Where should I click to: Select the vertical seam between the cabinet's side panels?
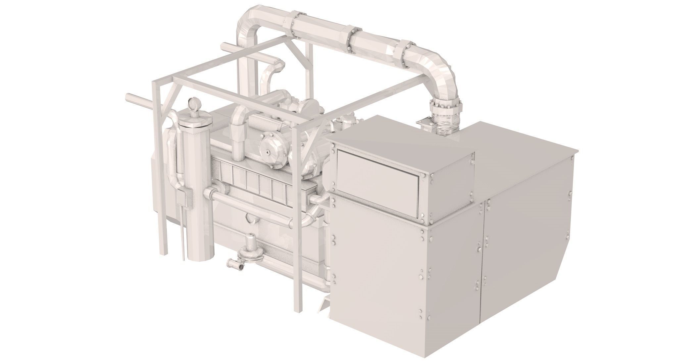(x=482, y=265)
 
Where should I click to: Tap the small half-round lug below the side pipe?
(x=250, y=219)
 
